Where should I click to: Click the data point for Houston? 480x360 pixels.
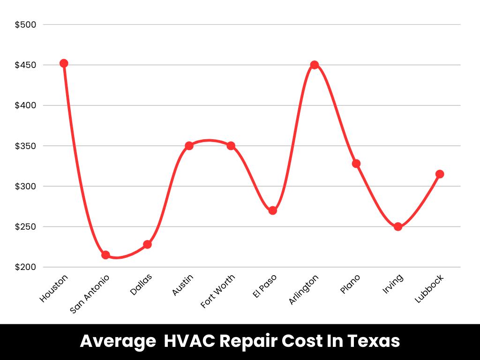pyautogui.click(x=64, y=63)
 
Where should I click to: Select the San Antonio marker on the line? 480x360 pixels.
pyautogui.click(x=105, y=255)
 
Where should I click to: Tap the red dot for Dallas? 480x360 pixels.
pyautogui.click(x=147, y=244)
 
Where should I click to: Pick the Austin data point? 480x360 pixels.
pyautogui.click(x=189, y=146)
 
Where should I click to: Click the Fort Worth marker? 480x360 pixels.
pyautogui.click(x=231, y=146)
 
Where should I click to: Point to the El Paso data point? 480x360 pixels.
pyautogui.click(x=272, y=210)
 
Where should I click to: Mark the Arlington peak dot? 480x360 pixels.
pyautogui.click(x=315, y=65)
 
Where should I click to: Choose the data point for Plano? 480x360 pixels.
pyautogui.click(x=356, y=164)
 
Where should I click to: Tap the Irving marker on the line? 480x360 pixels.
pyautogui.click(x=398, y=227)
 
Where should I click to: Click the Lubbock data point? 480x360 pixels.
pyautogui.click(x=440, y=174)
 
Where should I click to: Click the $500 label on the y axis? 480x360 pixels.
pyautogui.click(x=26, y=24)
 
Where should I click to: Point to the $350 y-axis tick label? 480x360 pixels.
pyautogui.click(x=26, y=146)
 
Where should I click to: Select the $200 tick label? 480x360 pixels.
pyautogui.click(x=26, y=267)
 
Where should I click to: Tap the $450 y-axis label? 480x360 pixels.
pyautogui.click(x=26, y=65)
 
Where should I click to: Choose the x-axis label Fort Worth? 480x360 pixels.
pyautogui.click(x=218, y=291)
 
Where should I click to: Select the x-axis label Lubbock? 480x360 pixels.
pyautogui.click(x=429, y=288)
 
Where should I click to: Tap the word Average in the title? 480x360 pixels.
pyautogui.click(x=118, y=341)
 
